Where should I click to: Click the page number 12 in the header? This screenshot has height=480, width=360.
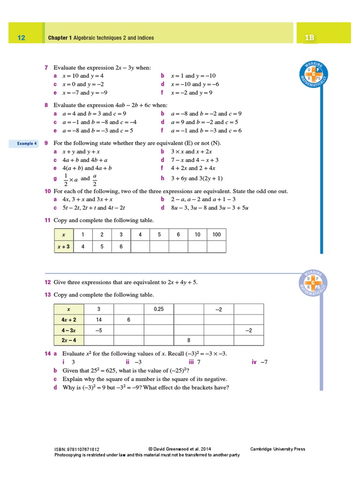point(21,37)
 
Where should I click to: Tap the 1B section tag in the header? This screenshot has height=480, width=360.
point(309,38)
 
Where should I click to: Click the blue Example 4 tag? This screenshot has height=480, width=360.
point(27,143)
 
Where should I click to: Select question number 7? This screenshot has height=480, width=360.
point(46,67)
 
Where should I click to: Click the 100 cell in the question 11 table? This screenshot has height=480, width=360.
point(216,234)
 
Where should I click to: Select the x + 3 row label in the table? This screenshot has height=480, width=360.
point(63,247)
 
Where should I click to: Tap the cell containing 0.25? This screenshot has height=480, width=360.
point(158,309)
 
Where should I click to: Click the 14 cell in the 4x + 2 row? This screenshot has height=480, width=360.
point(98,320)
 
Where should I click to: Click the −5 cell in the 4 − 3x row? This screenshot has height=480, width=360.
point(98,330)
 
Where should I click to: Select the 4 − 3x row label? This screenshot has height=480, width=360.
point(68,330)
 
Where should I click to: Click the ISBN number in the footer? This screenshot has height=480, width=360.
point(77,449)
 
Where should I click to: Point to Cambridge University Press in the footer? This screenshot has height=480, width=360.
point(277,449)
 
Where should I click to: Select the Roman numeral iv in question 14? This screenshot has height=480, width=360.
point(255,362)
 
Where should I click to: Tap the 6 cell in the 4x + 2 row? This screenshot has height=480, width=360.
point(128,320)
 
